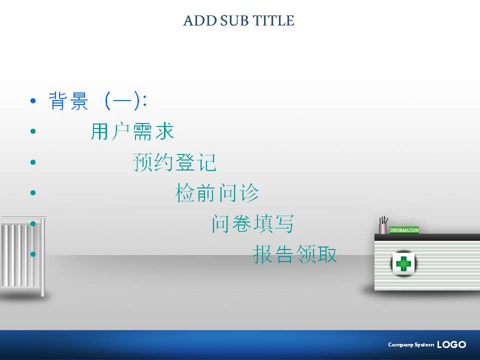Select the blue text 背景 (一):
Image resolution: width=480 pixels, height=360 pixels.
coord(97,100)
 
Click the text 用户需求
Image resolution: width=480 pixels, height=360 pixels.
coord(132,131)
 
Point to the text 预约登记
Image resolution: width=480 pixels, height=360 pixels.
coord(175,162)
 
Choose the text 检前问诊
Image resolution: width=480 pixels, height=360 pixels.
coord(217,193)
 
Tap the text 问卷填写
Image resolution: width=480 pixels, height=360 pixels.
coord(253,224)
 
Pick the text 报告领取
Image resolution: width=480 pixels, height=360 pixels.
coord(295,254)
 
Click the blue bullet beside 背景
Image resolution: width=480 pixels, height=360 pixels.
coord(33,100)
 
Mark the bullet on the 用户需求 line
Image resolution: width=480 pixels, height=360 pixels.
coord(33,131)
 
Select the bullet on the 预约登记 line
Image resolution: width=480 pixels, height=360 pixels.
coord(33,162)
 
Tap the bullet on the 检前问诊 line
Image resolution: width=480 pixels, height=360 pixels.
coord(33,192)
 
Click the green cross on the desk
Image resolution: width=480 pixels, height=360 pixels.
coord(403,263)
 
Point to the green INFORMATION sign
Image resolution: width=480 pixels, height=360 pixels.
coord(404,230)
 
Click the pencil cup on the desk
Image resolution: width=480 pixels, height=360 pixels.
coord(383,225)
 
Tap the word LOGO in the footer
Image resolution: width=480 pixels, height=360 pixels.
coord(451,344)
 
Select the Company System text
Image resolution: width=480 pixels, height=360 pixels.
coord(411,344)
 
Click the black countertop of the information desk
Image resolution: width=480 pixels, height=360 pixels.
coord(427,237)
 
